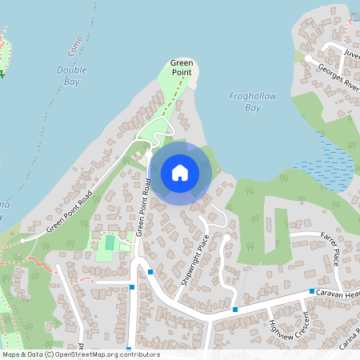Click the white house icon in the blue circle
click(x=180, y=173)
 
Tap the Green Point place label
click(x=182, y=67)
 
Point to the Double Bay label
click(x=72, y=74)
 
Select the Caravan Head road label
click(x=337, y=294)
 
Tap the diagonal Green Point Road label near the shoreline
click(x=69, y=212)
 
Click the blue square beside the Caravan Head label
click(x=312, y=292)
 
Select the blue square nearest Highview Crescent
click(x=235, y=309)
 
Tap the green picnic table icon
click(x=2, y=73)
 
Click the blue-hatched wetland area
click(x=328, y=156)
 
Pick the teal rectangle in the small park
click(x=110, y=242)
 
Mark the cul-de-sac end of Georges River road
click(x=308, y=57)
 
